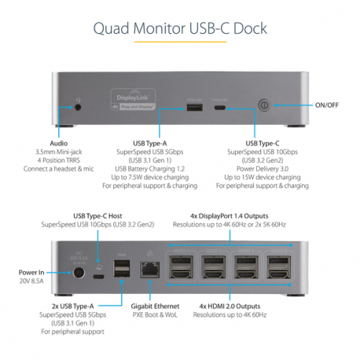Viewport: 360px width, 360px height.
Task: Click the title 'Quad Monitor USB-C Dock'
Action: click(x=179, y=29)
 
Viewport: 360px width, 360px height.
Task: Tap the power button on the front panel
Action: click(x=265, y=105)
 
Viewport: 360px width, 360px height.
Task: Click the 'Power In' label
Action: click(x=31, y=271)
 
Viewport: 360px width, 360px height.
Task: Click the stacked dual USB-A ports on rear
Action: click(x=122, y=270)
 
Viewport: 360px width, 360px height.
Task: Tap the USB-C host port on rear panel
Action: click(x=98, y=276)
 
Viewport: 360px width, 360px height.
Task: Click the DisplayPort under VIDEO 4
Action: click(x=278, y=262)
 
